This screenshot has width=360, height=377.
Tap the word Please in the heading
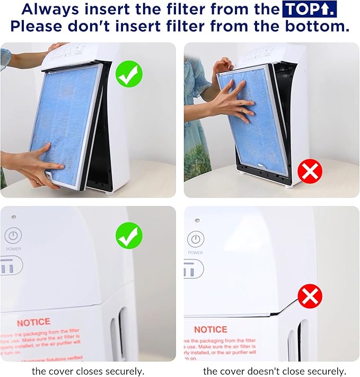coord(45,26)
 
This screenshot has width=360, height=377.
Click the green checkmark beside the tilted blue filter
coord(129,74)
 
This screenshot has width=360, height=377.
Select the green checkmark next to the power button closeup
coord(129,236)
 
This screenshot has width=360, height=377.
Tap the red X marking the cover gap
coord(310,297)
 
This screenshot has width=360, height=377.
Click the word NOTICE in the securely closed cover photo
coord(33,322)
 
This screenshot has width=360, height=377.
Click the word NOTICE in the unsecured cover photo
coord(210,329)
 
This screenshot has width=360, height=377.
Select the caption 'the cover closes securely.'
coord(87,371)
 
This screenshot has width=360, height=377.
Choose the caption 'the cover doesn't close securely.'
coord(274,371)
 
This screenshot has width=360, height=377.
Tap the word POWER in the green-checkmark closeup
coord(14,248)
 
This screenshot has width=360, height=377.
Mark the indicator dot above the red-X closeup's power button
coord(197,220)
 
